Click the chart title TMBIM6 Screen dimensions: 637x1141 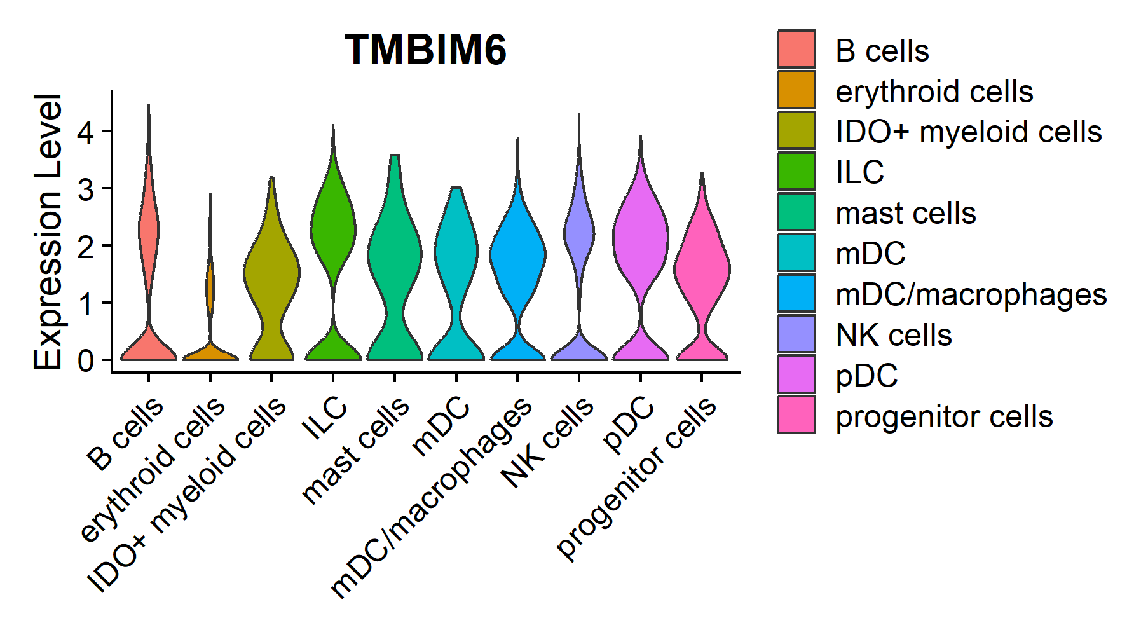coord(425,50)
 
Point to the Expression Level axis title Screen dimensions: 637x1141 coord(48,232)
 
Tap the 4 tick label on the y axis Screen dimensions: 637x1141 coord(86,132)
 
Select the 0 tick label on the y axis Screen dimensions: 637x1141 coord(86,360)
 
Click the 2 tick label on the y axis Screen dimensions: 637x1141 coord(86,246)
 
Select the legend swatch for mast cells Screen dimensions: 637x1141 coord(796,212)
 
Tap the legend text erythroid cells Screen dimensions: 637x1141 coord(934,92)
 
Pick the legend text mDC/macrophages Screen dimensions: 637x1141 coord(971,294)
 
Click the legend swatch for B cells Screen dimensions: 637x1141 coord(796,49)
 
